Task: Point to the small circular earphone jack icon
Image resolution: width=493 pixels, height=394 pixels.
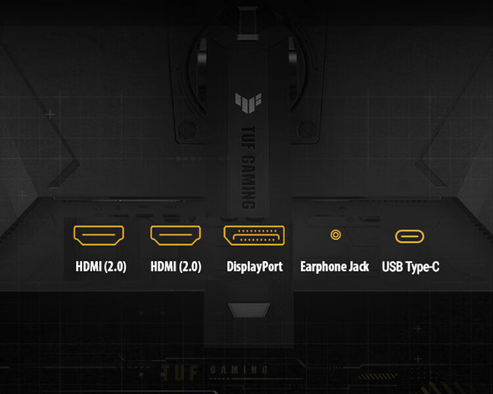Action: click(x=335, y=235)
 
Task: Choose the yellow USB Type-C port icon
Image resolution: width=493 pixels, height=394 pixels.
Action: click(x=410, y=236)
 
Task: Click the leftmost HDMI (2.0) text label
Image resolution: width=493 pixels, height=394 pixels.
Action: click(x=101, y=266)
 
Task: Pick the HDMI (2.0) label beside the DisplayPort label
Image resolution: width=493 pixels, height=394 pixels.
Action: click(x=176, y=266)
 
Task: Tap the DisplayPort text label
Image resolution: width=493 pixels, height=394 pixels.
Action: click(x=254, y=267)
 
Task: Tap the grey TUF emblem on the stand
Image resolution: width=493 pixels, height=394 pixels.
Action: click(x=248, y=103)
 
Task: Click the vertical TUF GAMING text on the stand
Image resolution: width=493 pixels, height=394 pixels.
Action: click(x=248, y=168)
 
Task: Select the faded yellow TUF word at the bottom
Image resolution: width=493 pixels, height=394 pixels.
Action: click(x=179, y=373)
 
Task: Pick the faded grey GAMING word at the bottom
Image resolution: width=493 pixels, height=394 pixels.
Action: click(x=239, y=370)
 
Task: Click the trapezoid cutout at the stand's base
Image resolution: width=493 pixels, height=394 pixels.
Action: click(x=249, y=310)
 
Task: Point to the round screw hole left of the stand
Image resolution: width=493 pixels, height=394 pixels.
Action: click(x=188, y=130)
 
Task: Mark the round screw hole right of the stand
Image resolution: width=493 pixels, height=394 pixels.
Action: click(x=306, y=130)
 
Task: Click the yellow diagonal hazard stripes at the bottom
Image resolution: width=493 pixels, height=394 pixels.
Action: click(x=377, y=376)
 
